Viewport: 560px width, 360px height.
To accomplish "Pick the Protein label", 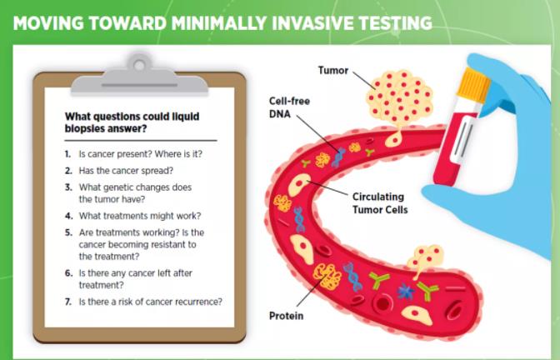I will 285,316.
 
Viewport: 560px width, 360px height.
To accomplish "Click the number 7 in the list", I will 67,302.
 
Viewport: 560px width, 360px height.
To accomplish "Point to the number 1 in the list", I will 67,154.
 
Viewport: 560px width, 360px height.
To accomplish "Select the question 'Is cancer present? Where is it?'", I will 140,154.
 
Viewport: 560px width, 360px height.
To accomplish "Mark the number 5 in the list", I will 67,232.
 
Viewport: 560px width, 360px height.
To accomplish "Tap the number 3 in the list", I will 67,187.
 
